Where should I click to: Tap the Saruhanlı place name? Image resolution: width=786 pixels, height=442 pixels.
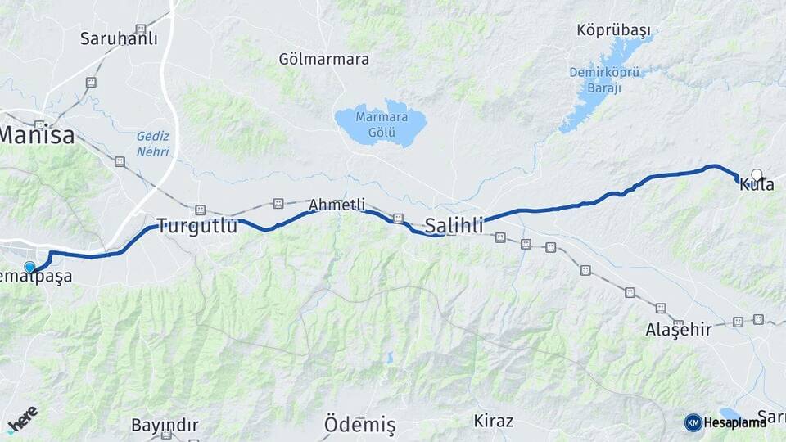[119, 38]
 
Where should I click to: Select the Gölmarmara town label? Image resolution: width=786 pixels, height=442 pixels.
[323, 59]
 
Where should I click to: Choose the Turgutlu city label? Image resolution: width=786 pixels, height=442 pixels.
[196, 225]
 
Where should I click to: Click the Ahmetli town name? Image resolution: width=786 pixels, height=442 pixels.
[337, 205]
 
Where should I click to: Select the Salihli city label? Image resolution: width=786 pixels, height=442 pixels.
[454, 225]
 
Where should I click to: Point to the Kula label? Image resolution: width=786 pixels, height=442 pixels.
[757, 185]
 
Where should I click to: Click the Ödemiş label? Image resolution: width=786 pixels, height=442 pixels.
[359, 425]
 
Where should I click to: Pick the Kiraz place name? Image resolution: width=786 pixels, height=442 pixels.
[493, 421]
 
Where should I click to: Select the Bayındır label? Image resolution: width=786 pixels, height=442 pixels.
[165, 425]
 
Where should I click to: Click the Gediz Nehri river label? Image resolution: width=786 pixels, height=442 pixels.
[153, 144]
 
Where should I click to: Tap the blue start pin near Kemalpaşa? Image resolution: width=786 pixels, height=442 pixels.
[30, 266]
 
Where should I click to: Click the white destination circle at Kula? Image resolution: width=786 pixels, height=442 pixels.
[757, 174]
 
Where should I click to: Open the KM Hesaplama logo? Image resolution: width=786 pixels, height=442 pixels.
[726, 422]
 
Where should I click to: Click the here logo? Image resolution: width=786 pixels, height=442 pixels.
[22, 417]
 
